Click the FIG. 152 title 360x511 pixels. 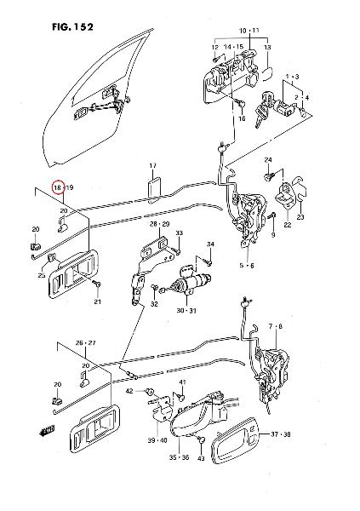click(72, 26)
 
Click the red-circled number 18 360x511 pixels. click(58, 187)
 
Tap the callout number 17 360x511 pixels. click(153, 166)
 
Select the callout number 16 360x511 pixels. click(242, 119)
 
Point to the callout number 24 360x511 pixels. click(268, 160)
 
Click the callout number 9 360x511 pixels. click(273, 235)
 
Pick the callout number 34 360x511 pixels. click(210, 244)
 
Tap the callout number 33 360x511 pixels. click(180, 233)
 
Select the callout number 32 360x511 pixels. click(154, 304)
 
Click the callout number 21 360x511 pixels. click(97, 301)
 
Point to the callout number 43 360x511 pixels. click(201, 459)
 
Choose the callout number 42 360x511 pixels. click(129, 391)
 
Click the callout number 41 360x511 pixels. click(182, 382)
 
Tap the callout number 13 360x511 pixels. click(267, 48)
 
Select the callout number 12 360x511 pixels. click(215, 48)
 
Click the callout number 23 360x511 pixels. click(300, 217)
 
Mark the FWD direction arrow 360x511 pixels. click(45, 431)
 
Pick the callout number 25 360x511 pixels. click(42, 275)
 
